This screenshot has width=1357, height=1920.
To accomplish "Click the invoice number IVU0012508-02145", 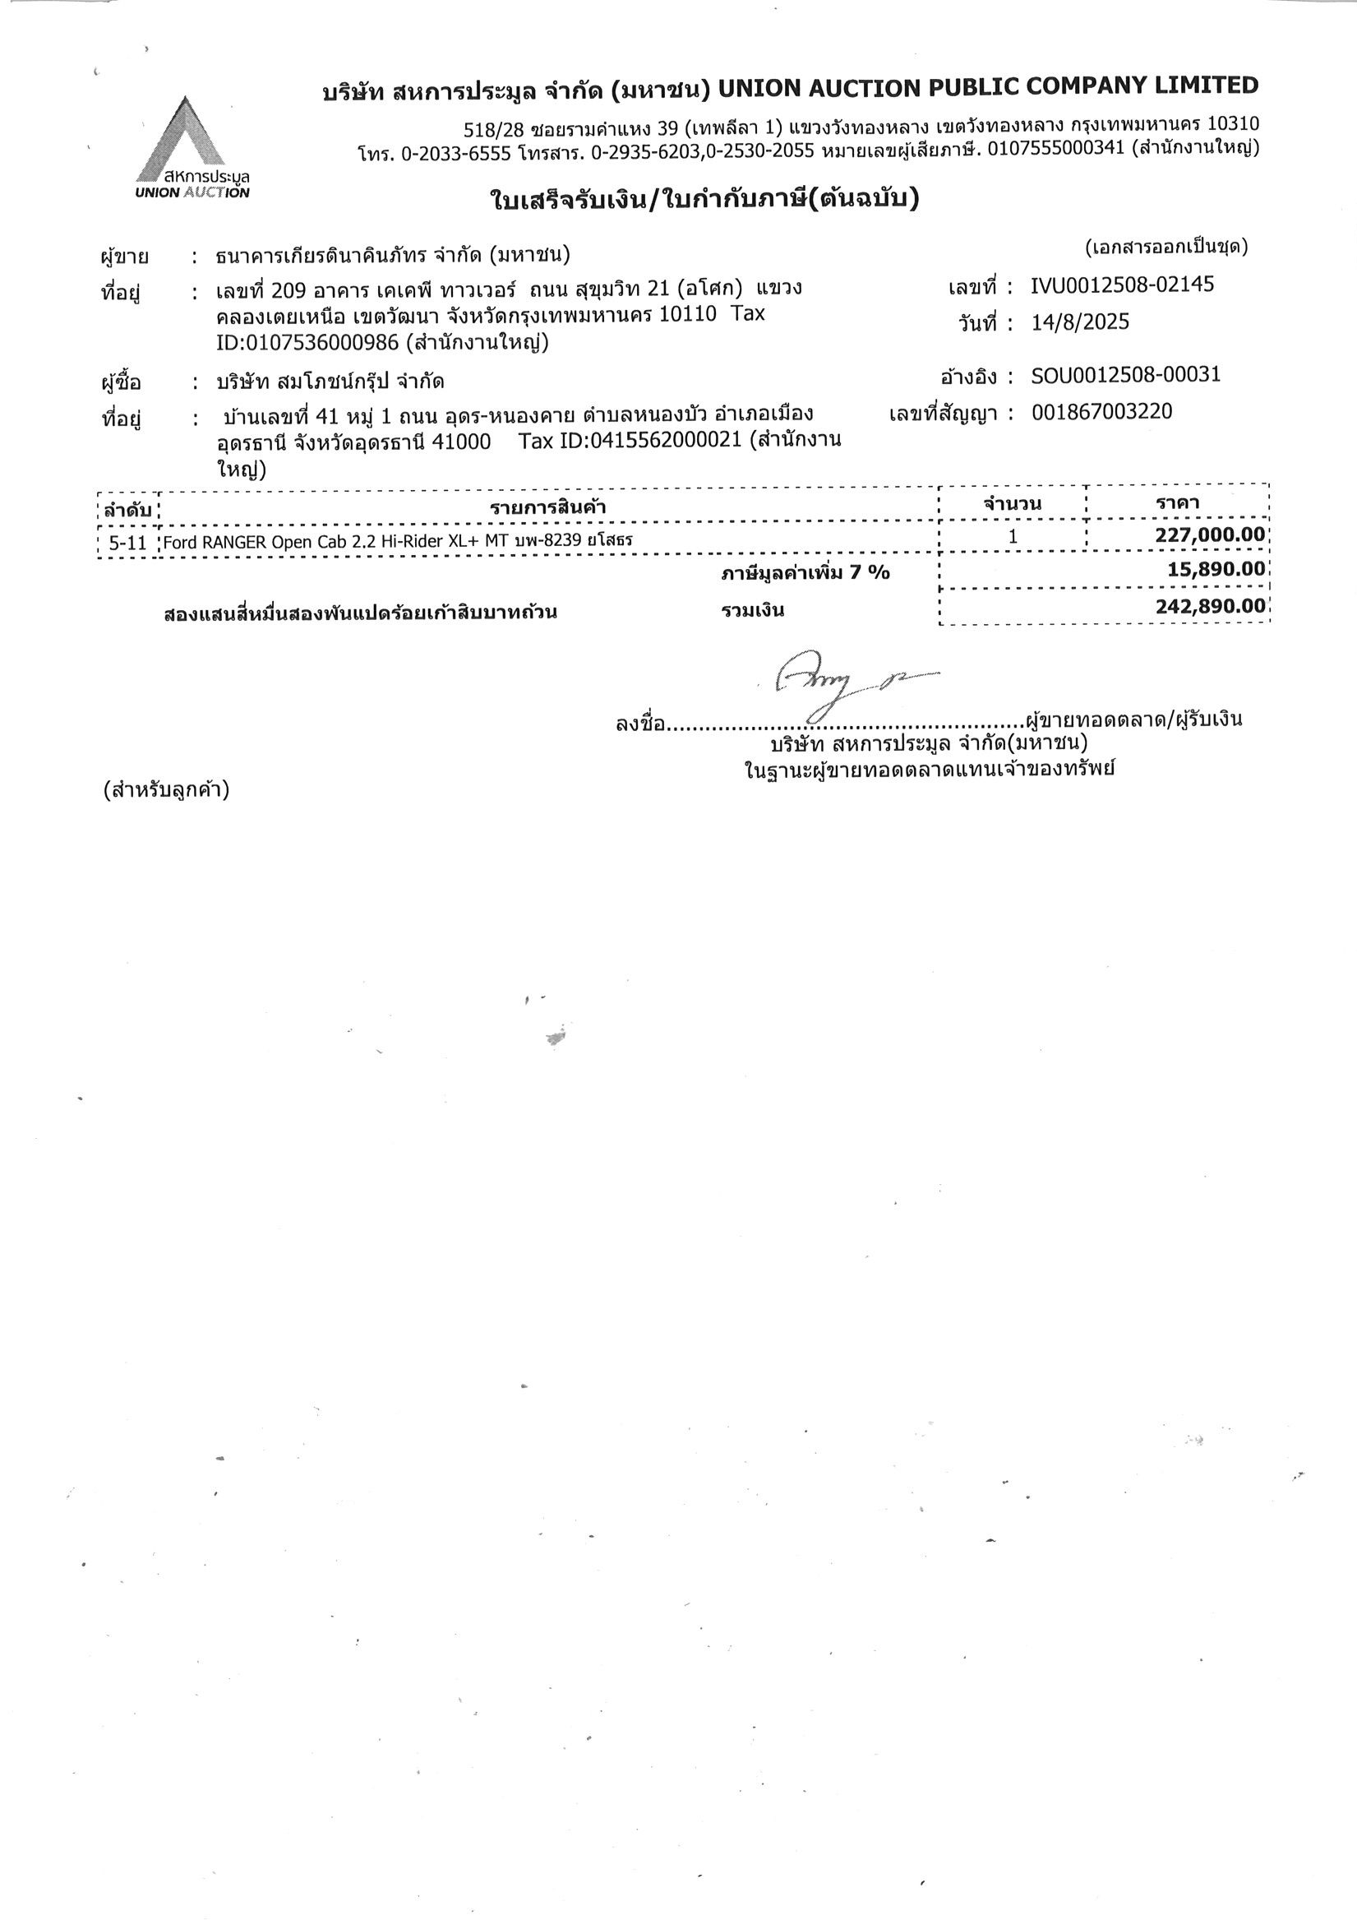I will (1122, 285).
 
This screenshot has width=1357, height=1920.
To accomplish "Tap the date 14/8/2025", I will (1079, 322).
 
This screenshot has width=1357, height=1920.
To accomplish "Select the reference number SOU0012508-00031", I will (1125, 375).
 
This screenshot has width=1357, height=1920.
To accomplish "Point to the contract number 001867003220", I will (1101, 411).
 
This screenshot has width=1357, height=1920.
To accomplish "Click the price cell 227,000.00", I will (1210, 535).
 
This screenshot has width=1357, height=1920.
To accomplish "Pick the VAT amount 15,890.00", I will (1216, 571).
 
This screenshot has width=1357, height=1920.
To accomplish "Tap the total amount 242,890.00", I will (1210, 606).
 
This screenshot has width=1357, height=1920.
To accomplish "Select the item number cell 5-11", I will (128, 544).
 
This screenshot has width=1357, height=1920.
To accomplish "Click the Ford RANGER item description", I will (397, 541).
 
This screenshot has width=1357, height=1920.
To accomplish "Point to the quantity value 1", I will (1013, 536).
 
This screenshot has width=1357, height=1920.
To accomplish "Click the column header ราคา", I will (1177, 502).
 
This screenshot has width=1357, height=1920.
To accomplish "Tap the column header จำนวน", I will (1012, 503).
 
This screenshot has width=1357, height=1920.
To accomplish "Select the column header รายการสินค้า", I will (547, 507).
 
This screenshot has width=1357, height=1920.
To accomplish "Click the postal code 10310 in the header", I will (1233, 125).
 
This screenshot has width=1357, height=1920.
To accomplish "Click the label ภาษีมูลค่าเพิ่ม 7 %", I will (805, 573).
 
